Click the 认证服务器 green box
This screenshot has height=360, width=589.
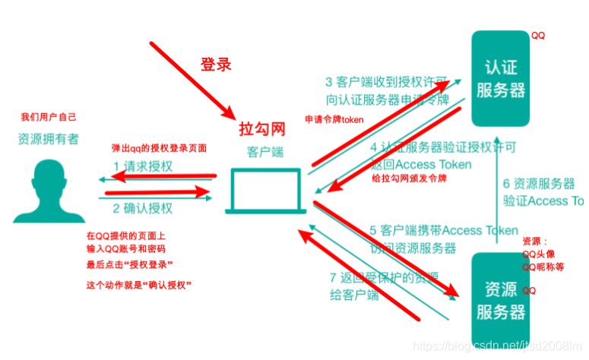(500, 78)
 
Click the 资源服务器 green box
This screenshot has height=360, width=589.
(500, 298)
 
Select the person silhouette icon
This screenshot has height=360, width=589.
(48, 194)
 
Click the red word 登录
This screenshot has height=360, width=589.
(215, 65)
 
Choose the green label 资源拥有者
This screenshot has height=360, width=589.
(48, 140)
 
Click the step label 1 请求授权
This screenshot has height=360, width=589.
(143, 166)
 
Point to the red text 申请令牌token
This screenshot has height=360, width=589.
(334, 120)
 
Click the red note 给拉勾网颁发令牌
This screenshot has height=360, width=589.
(409, 179)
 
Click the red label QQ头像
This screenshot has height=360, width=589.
(543, 254)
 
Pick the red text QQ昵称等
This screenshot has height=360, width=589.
(543, 267)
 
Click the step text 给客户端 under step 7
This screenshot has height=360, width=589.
(353, 295)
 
